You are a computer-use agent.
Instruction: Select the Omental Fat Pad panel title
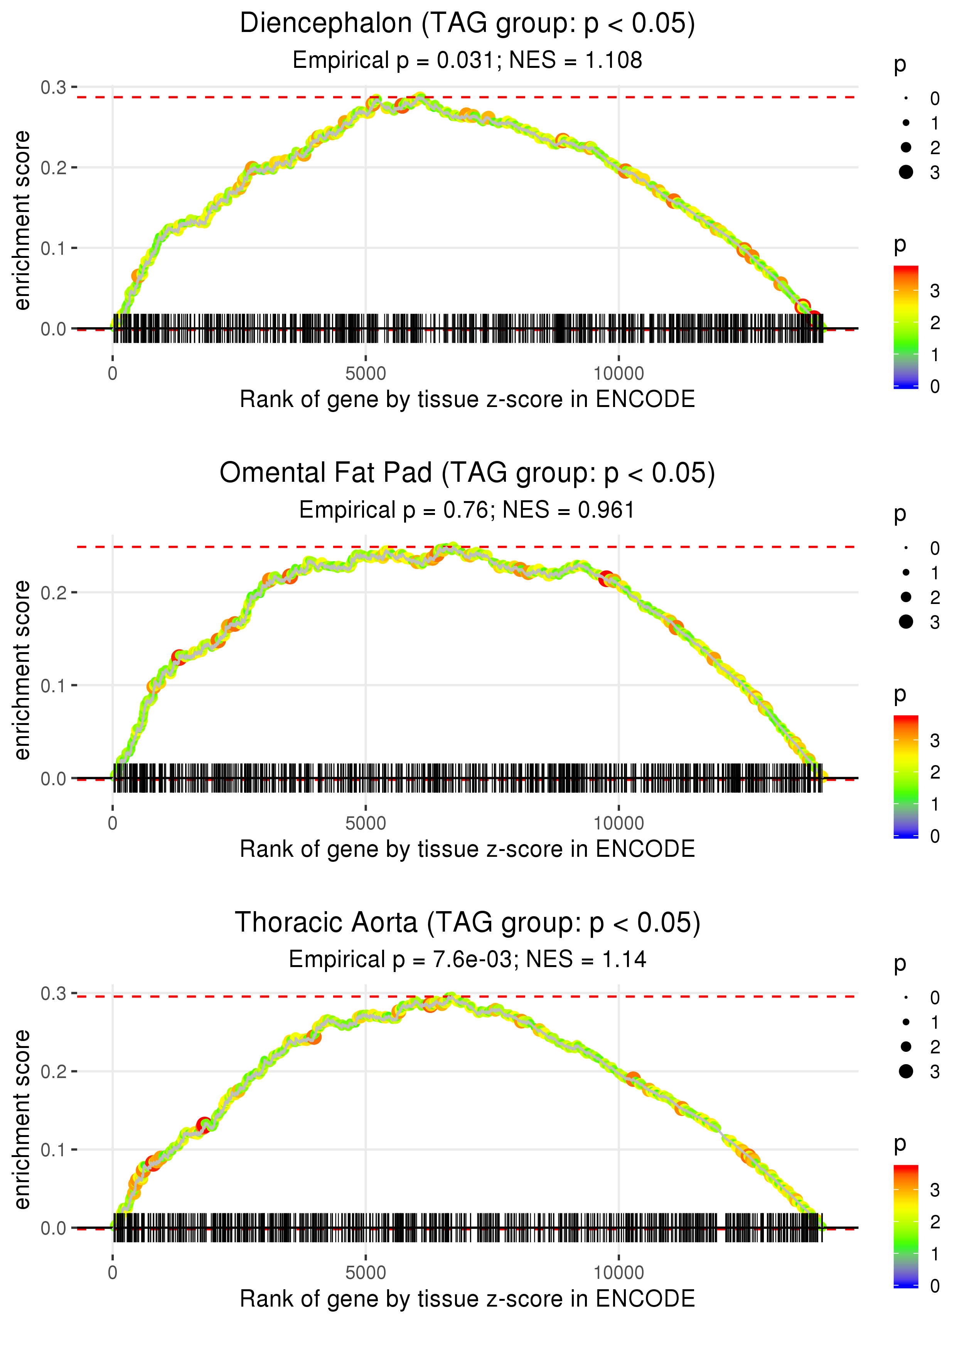coord(467,473)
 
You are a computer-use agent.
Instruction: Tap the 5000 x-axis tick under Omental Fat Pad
coord(366,823)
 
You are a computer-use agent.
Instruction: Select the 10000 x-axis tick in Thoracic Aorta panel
coord(619,1273)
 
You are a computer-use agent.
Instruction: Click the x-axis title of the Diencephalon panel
coord(467,399)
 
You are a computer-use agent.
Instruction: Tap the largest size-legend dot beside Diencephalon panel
coord(906,172)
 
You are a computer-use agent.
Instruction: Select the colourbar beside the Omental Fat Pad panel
coord(906,776)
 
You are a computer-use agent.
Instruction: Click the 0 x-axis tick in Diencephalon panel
coord(113,374)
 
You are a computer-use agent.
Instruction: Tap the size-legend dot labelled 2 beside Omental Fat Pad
coord(906,597)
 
